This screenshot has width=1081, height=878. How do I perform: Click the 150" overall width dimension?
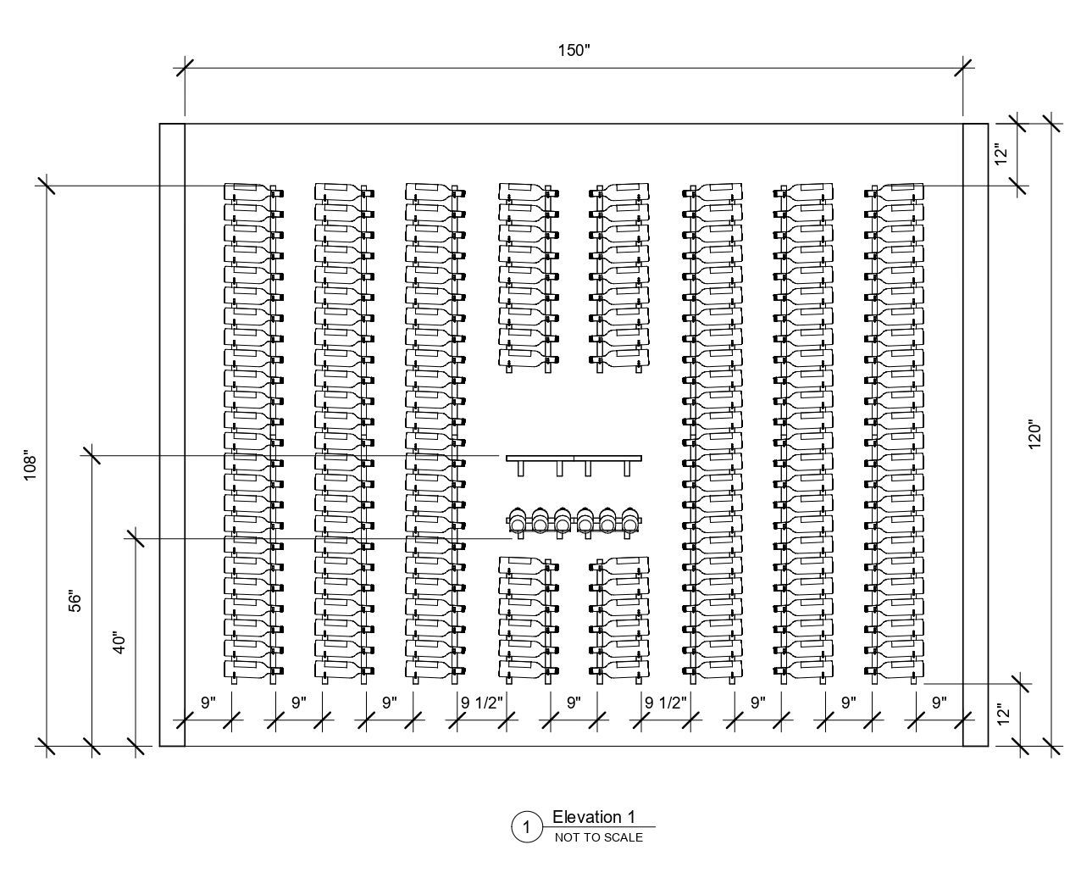(x=574, y=51)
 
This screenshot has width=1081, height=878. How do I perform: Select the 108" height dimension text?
(x=30, y=464)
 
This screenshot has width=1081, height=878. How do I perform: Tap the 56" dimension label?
(x=75, y=601)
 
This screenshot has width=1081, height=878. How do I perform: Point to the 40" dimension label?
(x=119, y=642)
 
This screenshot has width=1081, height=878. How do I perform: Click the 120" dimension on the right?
(x=1034, y=434)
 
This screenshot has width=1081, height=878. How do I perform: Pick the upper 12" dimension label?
(x=1001, y=155)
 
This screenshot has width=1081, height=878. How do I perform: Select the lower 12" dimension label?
(x=1003, y=714)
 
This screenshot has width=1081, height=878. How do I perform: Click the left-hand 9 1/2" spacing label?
(x=482, y=703)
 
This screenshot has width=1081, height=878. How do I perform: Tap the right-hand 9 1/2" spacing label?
(x=665, y=703)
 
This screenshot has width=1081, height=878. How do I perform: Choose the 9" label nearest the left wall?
(x=208, y=703)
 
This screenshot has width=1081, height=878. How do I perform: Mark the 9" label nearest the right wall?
(x=939, y=703)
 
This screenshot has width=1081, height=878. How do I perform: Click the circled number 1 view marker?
(x=526, y=827)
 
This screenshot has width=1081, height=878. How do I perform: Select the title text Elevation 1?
(x=593, y=817)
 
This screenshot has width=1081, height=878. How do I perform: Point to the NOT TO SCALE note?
(x=598, y=837)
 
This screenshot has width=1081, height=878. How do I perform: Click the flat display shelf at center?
(x=574, y=458)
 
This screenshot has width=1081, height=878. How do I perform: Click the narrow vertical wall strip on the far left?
(x=172, y=435)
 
